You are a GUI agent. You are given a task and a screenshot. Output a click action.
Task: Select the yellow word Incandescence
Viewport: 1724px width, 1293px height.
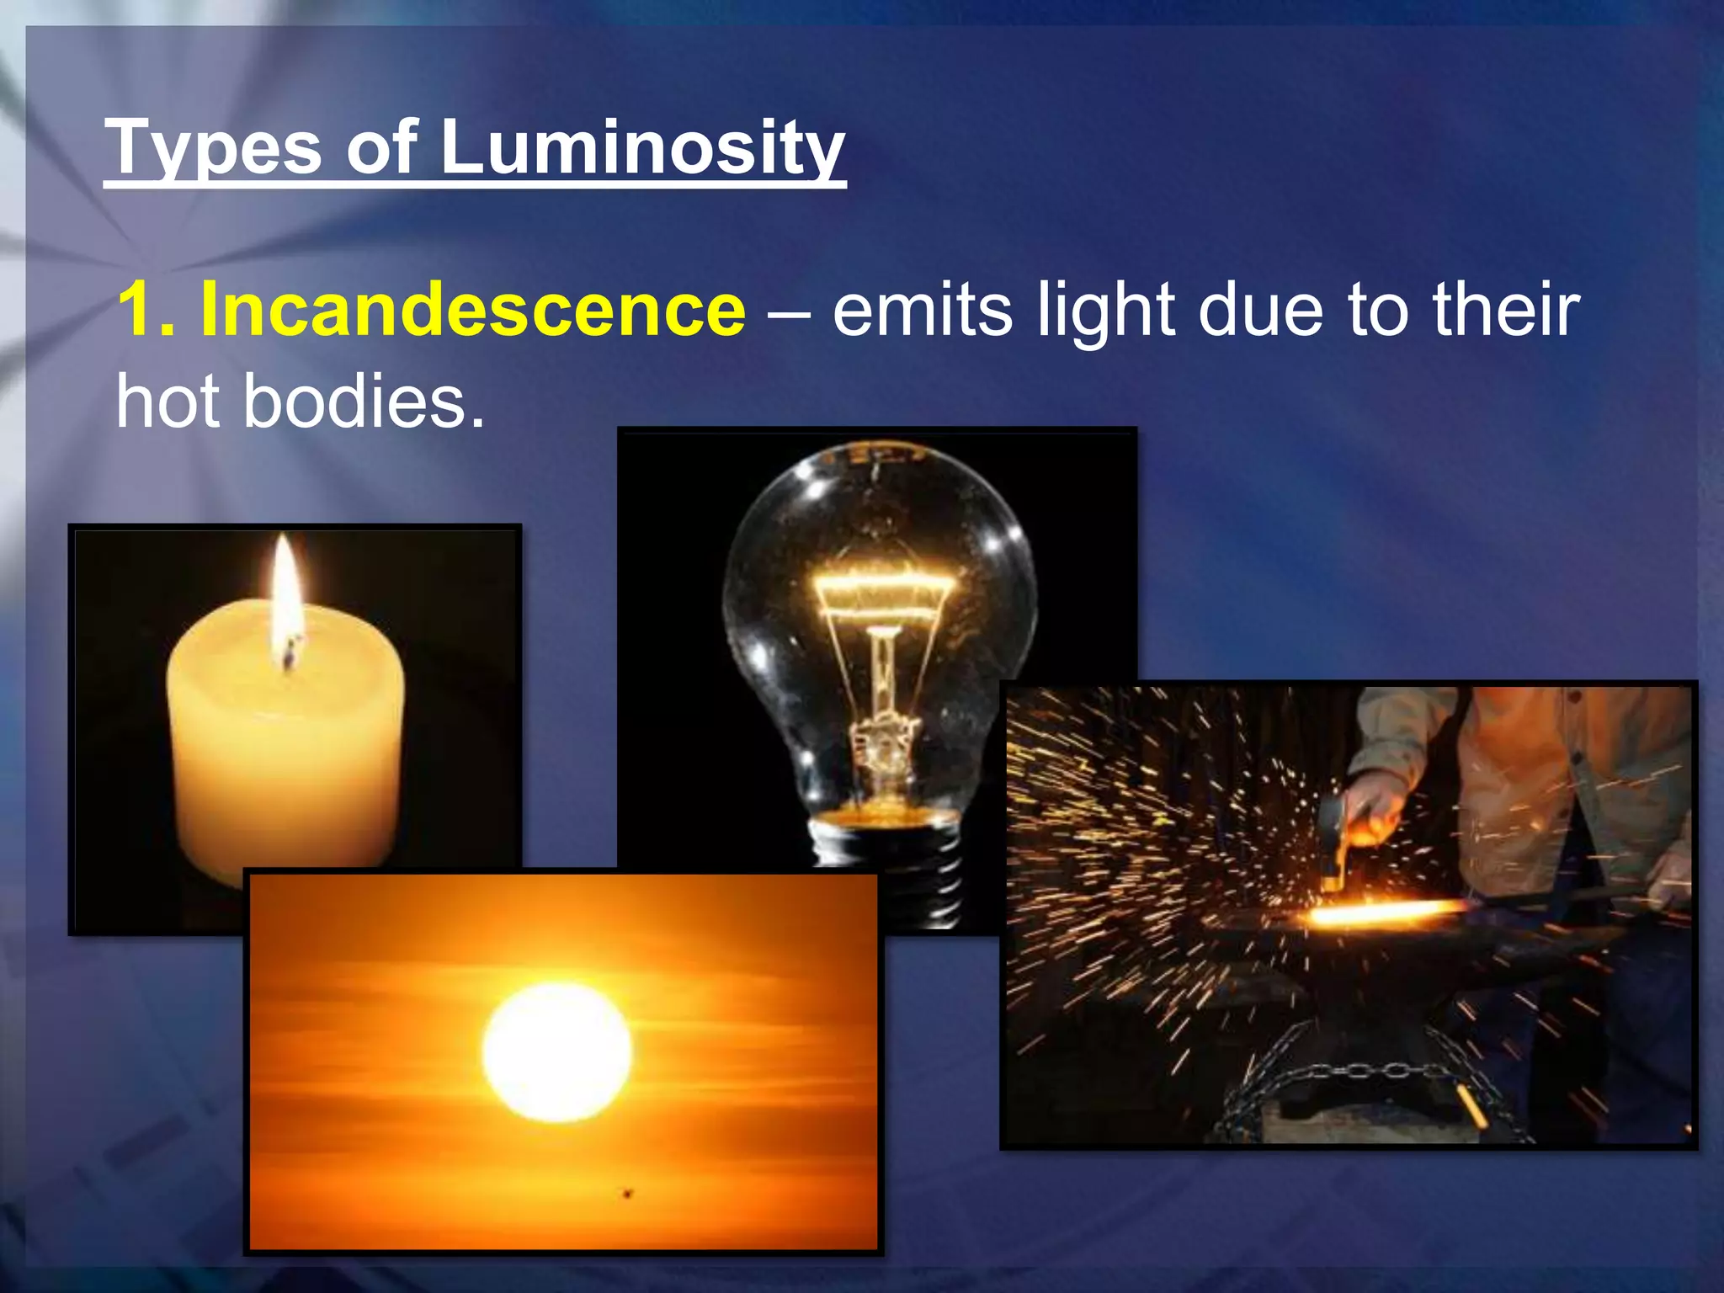(x=472, y=310)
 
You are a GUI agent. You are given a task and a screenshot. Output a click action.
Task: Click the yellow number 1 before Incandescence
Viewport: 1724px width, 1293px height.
(x=140, y=310)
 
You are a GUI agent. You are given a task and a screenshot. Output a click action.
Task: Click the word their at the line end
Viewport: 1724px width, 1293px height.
(x=1506, y=310)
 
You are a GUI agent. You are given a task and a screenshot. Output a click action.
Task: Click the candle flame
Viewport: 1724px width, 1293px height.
(x=285, y=589)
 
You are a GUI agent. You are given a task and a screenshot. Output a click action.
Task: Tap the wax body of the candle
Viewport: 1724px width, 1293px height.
(x=286, y=758)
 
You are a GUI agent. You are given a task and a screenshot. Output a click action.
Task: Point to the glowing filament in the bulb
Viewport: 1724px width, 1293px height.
(x=884, y=589)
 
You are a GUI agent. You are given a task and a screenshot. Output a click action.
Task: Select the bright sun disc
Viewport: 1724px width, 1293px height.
(x=556, y=1052)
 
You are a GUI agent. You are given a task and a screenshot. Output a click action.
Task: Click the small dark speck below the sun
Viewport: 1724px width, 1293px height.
(x=627, y=1193)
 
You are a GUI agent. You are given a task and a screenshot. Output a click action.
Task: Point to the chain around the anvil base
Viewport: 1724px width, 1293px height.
(x=1364, y=1073)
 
